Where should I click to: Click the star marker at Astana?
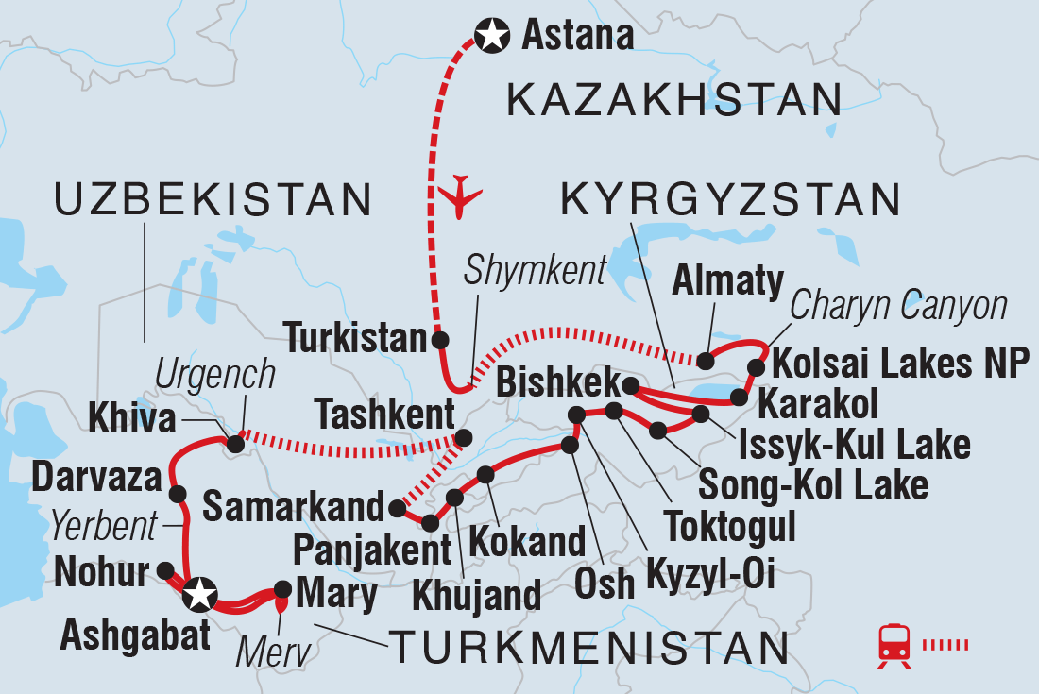[490, 37]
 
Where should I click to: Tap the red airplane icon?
[461, 195]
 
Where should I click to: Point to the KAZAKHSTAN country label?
[674, 99]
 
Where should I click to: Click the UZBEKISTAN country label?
[213, 200]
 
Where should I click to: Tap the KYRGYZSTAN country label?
[730, 200]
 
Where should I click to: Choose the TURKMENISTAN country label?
[589, 649]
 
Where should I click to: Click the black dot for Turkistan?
[439, 340]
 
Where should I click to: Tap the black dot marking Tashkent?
[464, 438]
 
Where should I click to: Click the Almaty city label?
[727, 282]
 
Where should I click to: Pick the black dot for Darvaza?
[176, 494]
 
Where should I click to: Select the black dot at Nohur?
[165, 570]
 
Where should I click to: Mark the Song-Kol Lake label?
[813, 485]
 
